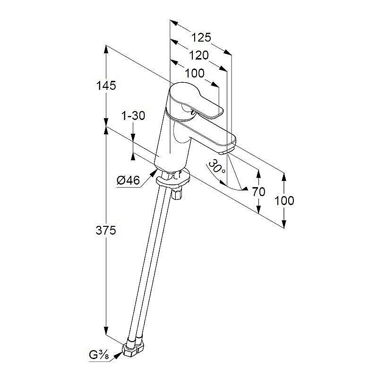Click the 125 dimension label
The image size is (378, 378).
pyautogui.click(x=201, y=37)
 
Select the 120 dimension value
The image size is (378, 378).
pyautogui.click(x=198, y=55)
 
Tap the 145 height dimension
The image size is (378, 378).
pyautogui.click(x=106, y=86)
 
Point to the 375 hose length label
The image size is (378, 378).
pyautogui.click(x=106, y=230)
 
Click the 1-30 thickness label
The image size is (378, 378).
pyautogui.click(x=133, y=116)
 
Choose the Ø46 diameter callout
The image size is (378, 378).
pyautogui.click(x=128, y=180)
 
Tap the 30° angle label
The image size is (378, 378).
pyautogui.click(x=217, y=166)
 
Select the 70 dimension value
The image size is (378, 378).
pyautogui.click(x=258, y=192)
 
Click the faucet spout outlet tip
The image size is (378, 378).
pyautogui.click(x=224, y=152)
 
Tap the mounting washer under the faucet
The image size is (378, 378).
pyautogui.click(x=173, y=179)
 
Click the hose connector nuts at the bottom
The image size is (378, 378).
pyautogui.click(x=133, y=347)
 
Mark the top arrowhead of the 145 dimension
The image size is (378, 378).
pyautogui.click(x=106, y=50)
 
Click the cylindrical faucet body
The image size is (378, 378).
pyautogui.click(x=172, y=140)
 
